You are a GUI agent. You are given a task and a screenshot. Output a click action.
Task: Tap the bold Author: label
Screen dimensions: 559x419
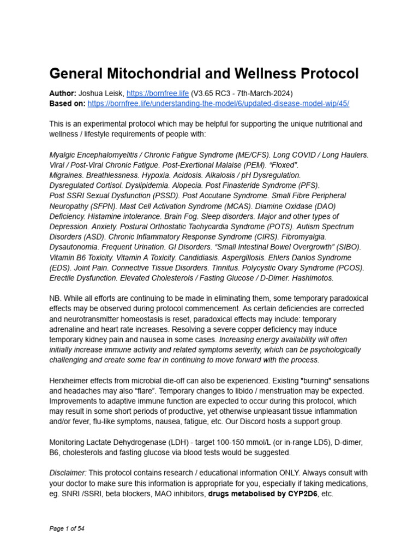pos(63,93)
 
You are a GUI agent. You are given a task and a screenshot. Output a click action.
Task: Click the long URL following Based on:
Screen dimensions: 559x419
pos(218,103)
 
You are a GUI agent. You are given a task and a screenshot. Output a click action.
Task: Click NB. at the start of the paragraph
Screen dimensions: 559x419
pos(56,299)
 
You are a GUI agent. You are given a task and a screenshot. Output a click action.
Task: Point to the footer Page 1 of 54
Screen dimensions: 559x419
pos(67,528)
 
